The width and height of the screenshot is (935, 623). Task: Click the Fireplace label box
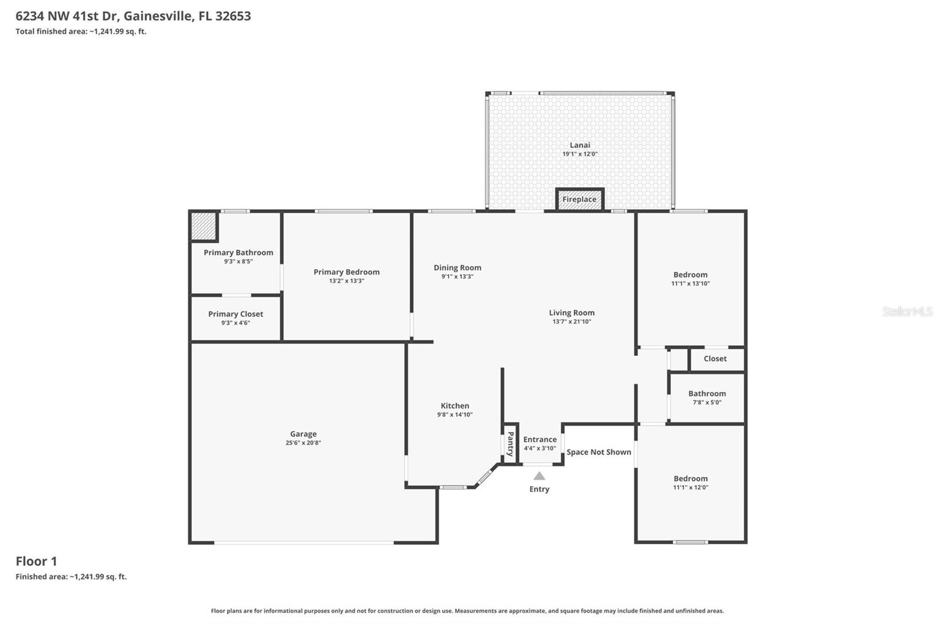pyautogui.click(x=579, y=199)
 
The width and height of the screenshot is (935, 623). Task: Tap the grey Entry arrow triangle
pyautogui.click(x=539, y=476)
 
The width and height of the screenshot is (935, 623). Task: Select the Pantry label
pyautogui.click(x=510, y=444)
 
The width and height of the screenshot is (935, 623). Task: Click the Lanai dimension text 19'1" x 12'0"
pyautogui.click(x=580, y=154)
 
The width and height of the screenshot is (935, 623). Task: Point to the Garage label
pyautogui.click(x=303, y=434)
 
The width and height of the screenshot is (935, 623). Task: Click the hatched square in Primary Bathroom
pyautogui.click(x=204, y=226)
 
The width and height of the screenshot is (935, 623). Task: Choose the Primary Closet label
pyautogui.click(x=236, y=314)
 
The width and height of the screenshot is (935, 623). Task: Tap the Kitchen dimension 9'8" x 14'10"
pyautogui.click(x=455, y=414)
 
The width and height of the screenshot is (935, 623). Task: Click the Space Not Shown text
pyautogui.click(x=598, y=452)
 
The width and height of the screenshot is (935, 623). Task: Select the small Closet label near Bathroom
pyautogui.click(x=715, y=359)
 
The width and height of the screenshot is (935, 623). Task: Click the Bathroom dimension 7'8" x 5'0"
pyautogui.click(x=707, y=402)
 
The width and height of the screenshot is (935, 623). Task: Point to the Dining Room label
pyautogui.click(x=457, y=268)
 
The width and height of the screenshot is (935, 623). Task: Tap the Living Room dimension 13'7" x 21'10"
pyautogui.click(x=572, y=321)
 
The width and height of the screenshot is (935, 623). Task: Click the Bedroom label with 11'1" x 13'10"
pyautogui.click(x=690, y=275)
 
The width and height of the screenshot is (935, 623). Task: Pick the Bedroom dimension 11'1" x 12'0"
pyautogui.click(x=690, y=487)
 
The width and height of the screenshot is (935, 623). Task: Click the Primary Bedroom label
pyautogui.click(x=347, y=272)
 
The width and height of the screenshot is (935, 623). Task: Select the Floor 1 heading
pyautogui.click(x=36, y=561)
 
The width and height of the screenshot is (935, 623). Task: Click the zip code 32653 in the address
pyautogui.click(x=233, y=16)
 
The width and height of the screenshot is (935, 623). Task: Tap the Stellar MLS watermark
pyautogui.click(x=907, y=311)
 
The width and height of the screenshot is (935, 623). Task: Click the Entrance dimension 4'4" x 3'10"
pyautogui.click(x=539, y=448)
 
